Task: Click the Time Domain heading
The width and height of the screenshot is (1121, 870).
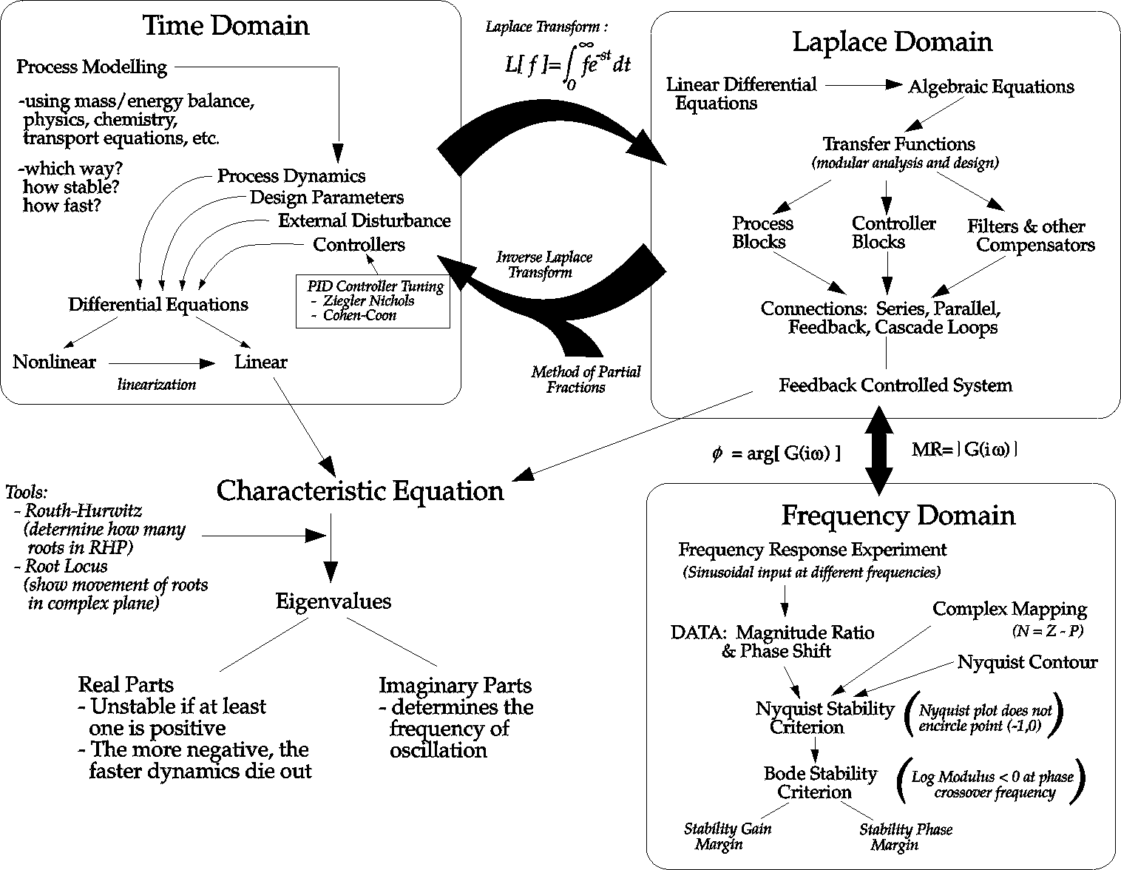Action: [226, 26]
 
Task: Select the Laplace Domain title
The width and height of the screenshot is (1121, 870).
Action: [892, 42]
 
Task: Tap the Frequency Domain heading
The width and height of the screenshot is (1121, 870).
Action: [898, 516]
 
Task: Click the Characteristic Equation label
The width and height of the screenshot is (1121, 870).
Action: [360, 491]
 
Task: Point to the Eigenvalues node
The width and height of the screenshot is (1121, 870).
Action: [333, 601]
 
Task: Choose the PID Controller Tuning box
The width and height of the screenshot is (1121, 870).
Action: [372, 301]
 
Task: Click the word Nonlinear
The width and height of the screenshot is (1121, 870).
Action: [55, 362]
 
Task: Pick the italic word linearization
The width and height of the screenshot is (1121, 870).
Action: [157, 385]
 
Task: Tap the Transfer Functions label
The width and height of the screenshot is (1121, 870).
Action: [898, 144]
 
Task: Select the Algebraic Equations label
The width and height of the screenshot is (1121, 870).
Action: [991, 87]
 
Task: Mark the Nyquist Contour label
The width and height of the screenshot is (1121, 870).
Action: [1027, 662]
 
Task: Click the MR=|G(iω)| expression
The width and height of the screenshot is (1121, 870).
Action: [964, 448]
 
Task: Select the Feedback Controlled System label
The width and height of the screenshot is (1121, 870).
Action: [895, 385]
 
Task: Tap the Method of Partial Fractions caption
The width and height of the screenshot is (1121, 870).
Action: [586, 380]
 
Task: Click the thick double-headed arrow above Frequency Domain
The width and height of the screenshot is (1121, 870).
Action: [879, 450]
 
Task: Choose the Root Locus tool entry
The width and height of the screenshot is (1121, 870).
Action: [66, 567]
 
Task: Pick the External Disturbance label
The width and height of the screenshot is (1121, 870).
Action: [364, 221]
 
